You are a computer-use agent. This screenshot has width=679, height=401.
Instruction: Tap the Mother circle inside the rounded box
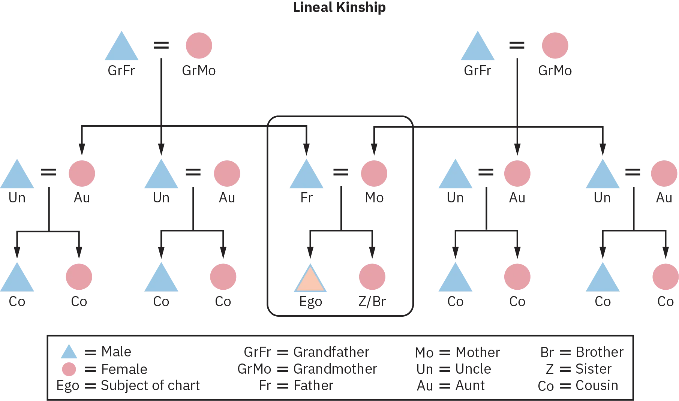[x=374, y=173]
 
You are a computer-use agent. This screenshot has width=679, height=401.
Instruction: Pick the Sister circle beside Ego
[x=372, y=277]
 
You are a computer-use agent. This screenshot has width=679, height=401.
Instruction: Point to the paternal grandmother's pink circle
[x=199, y=45]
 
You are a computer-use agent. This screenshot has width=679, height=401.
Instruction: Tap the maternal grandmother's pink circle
[x=555, y=45]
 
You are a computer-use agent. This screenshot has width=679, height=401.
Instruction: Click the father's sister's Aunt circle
[x=81, y=173]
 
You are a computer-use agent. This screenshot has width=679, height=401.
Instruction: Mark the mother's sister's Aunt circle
[x=517, y=173]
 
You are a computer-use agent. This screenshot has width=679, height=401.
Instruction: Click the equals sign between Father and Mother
[x=342, y=172]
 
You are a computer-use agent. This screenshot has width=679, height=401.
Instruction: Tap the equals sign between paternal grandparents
[x=162, y=45]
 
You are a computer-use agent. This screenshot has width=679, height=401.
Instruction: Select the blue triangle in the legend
[x=69, y=352]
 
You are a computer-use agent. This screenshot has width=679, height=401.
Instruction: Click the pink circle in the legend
[x=69, y=370]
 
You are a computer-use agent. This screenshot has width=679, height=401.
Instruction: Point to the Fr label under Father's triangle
[x=306, y=198]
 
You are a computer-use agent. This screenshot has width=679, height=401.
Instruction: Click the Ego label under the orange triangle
[x=311, y=302]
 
